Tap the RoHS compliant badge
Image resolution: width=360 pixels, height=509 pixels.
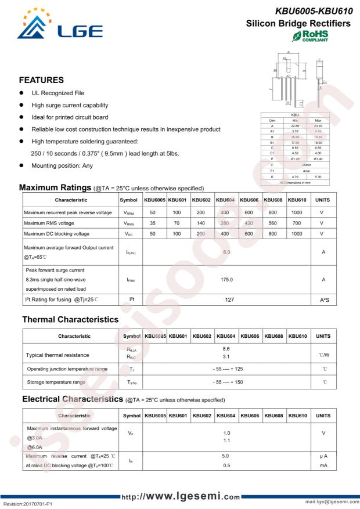(x=311, y=36)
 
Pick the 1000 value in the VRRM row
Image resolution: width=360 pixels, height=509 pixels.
(x=297, y=213)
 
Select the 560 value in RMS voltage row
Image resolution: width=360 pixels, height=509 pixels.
(x=273, y=223)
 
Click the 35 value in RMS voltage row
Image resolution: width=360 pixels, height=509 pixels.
(x=153, y=223)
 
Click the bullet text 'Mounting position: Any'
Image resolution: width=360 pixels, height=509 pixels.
(x=62, y=165)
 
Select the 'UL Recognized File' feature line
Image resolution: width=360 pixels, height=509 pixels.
(x=57, y=93)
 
